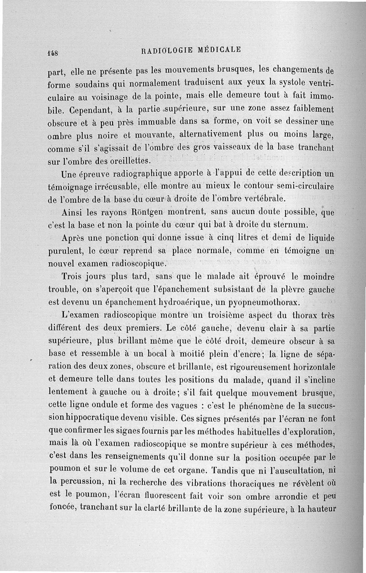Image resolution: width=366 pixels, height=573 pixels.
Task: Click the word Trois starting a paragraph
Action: [73, 277]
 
